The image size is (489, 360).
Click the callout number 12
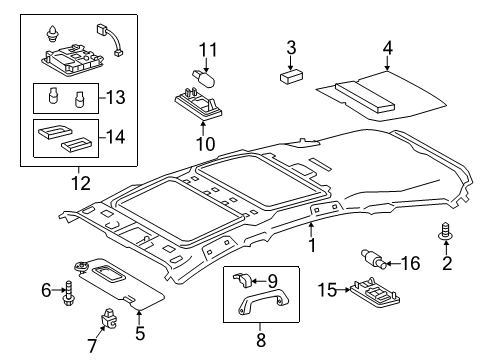[x=81, y=183]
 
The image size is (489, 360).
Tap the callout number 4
[x=387, y=48]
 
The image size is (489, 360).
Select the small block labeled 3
[x=291, y=76]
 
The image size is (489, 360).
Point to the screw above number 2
[x=445, y=231]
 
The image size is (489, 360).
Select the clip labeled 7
[x=109, y=318]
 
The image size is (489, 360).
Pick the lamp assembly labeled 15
[x=374, y=293]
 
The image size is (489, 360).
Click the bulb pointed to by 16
[x=374, y=259]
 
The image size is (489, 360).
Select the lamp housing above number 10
[x=199, y=103]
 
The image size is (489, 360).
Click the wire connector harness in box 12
[x=110, y=40]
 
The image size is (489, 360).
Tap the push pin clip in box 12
[x=51, y=34]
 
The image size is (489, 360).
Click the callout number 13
[x=116, y=97]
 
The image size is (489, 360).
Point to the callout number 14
[x=116, y=137]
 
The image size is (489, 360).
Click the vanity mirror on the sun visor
[x=107, y=272]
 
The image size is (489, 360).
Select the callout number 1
[x=312, y=246]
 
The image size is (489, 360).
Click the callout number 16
[x=410, y=263]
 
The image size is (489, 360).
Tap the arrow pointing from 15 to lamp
[x=343, y=290]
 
